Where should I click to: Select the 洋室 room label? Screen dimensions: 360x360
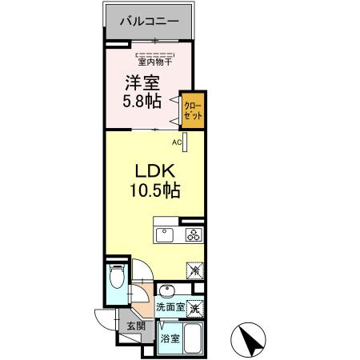click(138, 82)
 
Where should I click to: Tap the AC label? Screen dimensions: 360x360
click(176, 142)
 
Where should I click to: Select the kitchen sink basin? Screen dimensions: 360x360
click(164, 234)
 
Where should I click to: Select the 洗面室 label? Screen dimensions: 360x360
click(170, 306)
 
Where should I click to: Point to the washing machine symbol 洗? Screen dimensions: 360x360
click(194, 305)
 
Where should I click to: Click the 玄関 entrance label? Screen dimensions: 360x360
click(136, 326)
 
